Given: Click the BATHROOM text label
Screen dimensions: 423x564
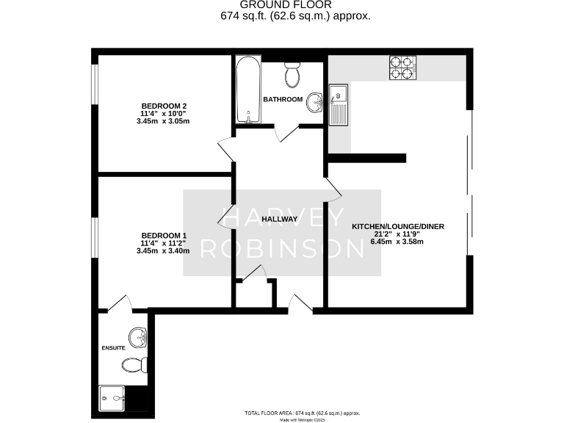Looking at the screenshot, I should pos(283,99).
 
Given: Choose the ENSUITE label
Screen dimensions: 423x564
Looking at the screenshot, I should pos(114,346).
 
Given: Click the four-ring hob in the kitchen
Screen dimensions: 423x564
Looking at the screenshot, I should pos(401,68).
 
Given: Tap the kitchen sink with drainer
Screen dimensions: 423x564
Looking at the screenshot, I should pos(339,105).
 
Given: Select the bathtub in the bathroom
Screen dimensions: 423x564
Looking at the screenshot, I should pos(245,90).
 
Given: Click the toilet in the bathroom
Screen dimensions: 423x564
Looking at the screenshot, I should pos(292,73).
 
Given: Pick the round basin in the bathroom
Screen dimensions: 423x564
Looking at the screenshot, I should pos(314,102).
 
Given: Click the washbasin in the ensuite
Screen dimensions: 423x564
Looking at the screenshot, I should pos(138,338).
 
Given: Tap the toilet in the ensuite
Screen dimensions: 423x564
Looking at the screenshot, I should pos(135,365).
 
